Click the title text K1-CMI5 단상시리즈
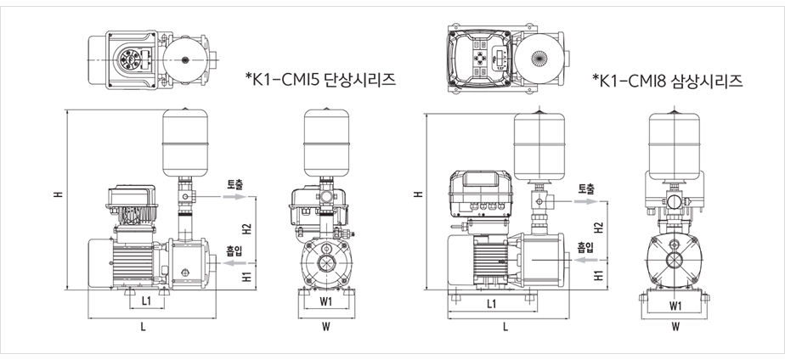click(322, 80)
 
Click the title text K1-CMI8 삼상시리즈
click(669, 81)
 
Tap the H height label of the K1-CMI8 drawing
click(417, 194)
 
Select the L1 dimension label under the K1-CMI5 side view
click(146, 301)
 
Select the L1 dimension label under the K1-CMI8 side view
click(492, 302)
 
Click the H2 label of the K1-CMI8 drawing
click(598, 228)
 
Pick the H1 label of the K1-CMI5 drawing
click(246, 277)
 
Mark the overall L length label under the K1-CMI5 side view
click(143, 326)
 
